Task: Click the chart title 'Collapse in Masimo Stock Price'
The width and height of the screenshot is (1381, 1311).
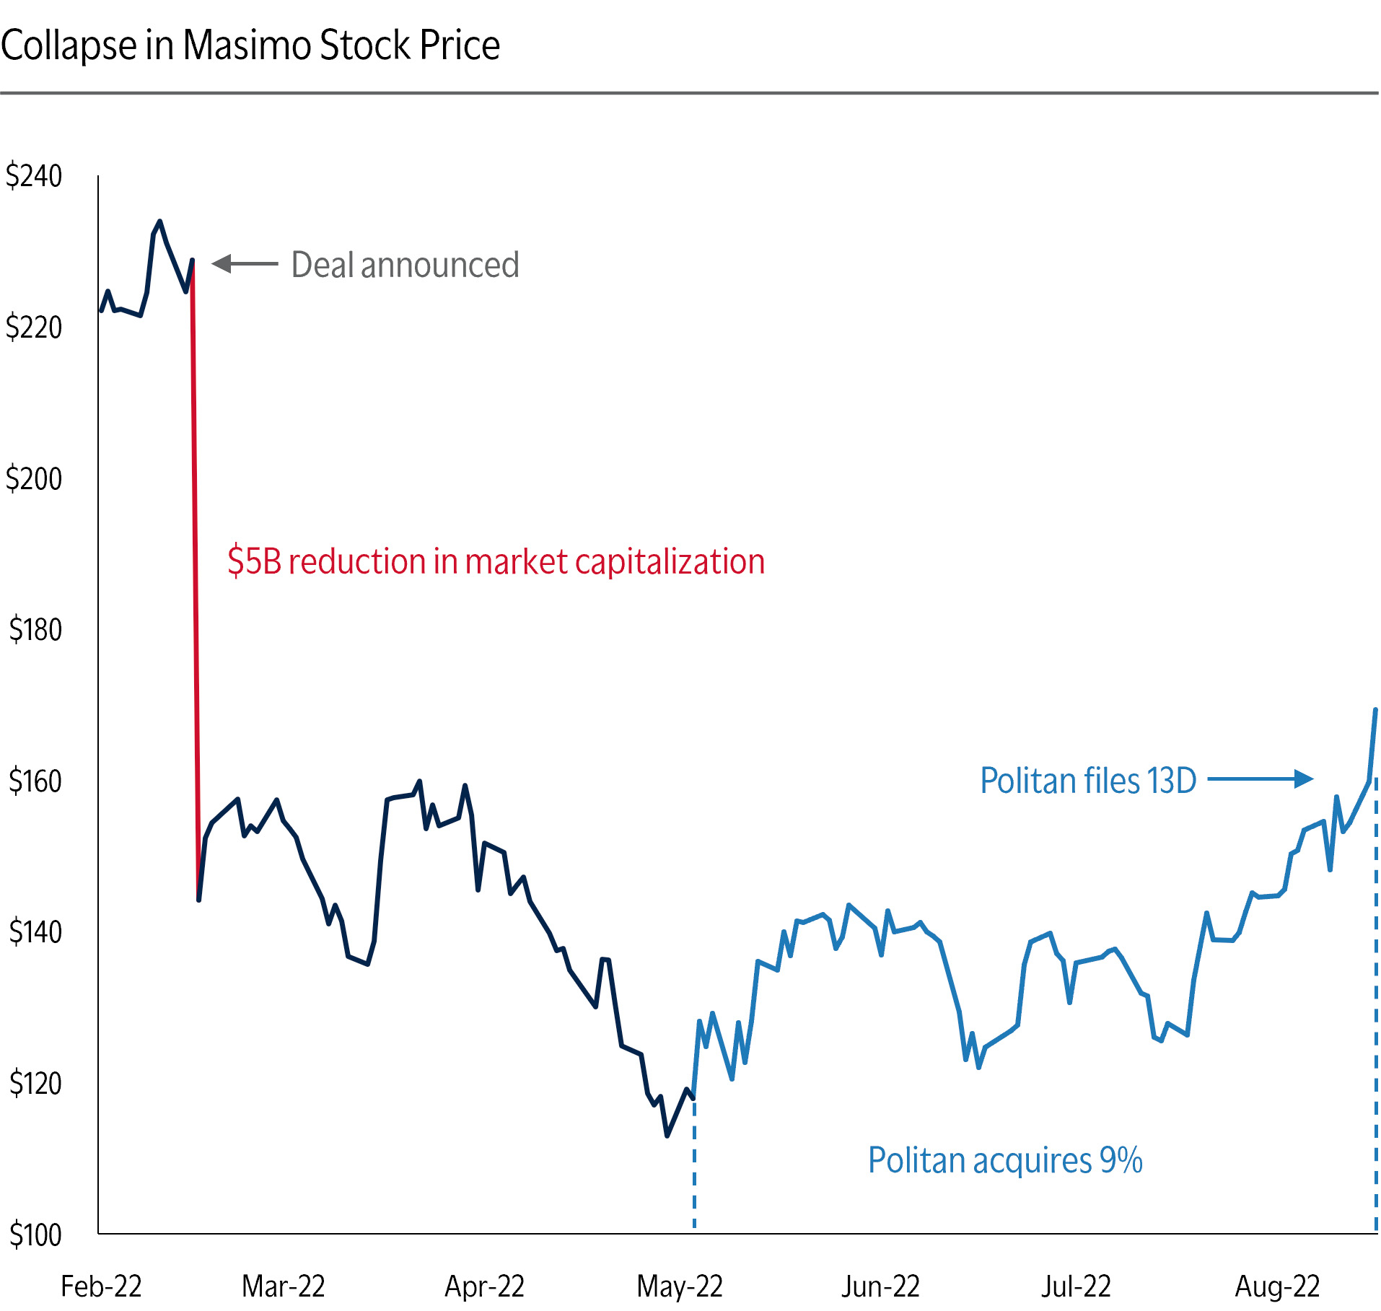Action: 250,45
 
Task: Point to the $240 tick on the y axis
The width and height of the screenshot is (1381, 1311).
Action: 34,176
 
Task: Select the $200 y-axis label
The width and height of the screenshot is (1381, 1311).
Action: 34,479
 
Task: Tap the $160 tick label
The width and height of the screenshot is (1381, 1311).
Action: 35,781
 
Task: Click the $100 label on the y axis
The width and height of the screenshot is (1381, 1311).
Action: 35,1235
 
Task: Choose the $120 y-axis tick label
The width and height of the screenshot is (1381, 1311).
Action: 35,1084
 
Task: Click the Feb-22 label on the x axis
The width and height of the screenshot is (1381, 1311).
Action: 101,1286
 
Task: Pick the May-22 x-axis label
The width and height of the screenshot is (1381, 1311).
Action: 680,1286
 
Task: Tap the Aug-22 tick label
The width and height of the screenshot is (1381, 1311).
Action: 1277,1286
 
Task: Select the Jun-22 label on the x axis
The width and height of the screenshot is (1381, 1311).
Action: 880,1286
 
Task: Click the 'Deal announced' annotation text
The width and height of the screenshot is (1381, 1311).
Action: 405,265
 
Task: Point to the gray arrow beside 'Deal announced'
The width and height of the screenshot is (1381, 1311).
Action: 245,264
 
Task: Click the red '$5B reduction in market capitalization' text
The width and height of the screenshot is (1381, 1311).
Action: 496,561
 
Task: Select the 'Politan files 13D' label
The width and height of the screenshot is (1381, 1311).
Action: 1088,781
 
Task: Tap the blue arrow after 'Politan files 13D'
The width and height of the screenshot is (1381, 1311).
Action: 1260,779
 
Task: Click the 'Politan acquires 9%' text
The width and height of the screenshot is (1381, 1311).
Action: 1005,1160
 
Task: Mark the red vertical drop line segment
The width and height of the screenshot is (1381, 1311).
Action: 195,577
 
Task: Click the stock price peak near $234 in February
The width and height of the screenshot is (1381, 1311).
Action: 159,222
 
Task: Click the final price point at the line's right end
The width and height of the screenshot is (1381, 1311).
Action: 1375,710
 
